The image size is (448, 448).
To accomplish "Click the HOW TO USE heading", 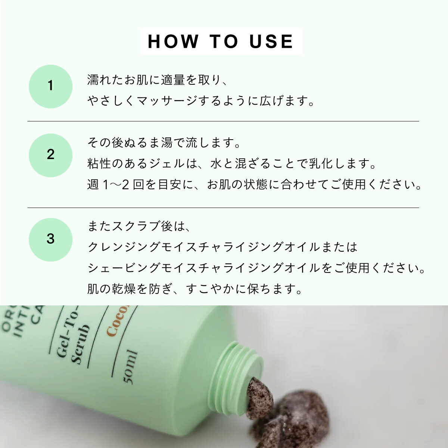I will tap(221, 41).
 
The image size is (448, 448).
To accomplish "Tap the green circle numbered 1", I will tap(50, 86).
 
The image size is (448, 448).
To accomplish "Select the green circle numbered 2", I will tap(50, 155).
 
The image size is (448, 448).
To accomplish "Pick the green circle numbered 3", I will tap(50, 239).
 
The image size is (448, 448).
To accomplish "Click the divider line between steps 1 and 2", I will tap(223, 121).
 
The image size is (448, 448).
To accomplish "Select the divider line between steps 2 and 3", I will tap(223, 208).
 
